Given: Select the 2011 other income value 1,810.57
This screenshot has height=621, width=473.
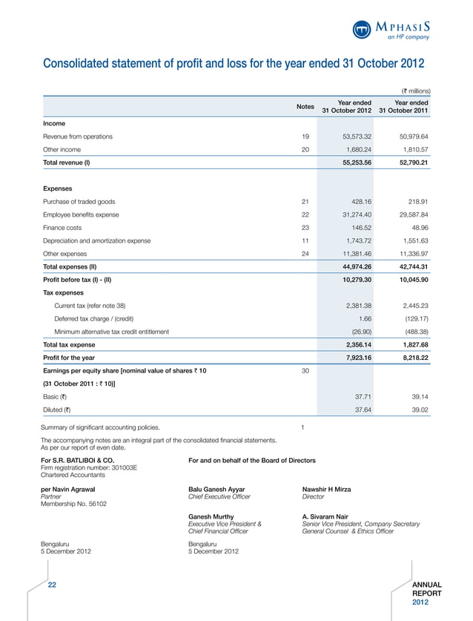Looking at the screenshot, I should point(411,149).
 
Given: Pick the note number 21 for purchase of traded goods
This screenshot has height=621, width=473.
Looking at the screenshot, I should point(305,201).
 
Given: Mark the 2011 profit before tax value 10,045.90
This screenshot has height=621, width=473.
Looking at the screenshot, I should point(409,279).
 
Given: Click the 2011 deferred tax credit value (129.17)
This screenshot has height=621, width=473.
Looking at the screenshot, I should point(413,318).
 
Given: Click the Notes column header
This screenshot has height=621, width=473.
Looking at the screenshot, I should point(305,107).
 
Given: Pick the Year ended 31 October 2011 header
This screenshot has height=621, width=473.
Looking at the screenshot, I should point(403,107).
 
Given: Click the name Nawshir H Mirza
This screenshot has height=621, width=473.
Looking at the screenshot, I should point(327,489).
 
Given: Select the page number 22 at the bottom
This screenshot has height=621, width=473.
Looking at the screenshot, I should point(53,585).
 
